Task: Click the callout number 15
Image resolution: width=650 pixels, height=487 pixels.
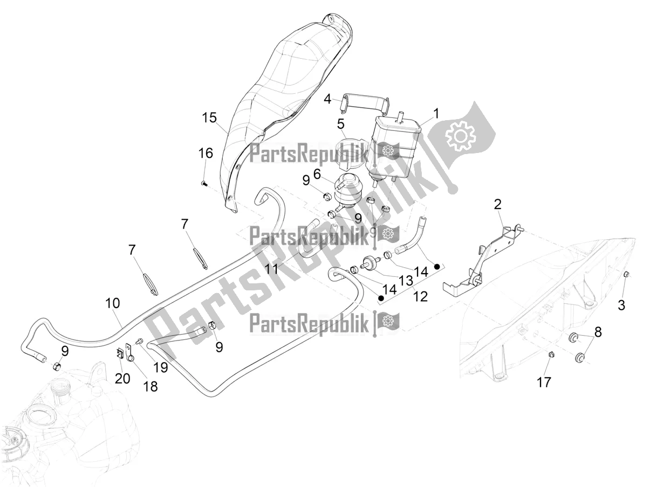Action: tap(209, 118)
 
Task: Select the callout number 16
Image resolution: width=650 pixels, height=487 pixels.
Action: tap(205, 154)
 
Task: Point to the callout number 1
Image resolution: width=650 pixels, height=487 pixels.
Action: tap(436, 114)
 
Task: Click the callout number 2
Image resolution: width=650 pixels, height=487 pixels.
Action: tap(497, 204)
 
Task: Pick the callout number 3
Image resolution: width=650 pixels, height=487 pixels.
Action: tap(621, 305)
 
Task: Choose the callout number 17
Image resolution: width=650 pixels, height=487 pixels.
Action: tap(544, 382)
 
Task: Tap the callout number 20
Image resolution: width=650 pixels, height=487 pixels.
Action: tap(122, 379)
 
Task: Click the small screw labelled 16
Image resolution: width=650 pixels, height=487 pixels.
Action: tap(203, 184)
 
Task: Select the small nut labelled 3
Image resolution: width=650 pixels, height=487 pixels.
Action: tap(626, 275)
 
